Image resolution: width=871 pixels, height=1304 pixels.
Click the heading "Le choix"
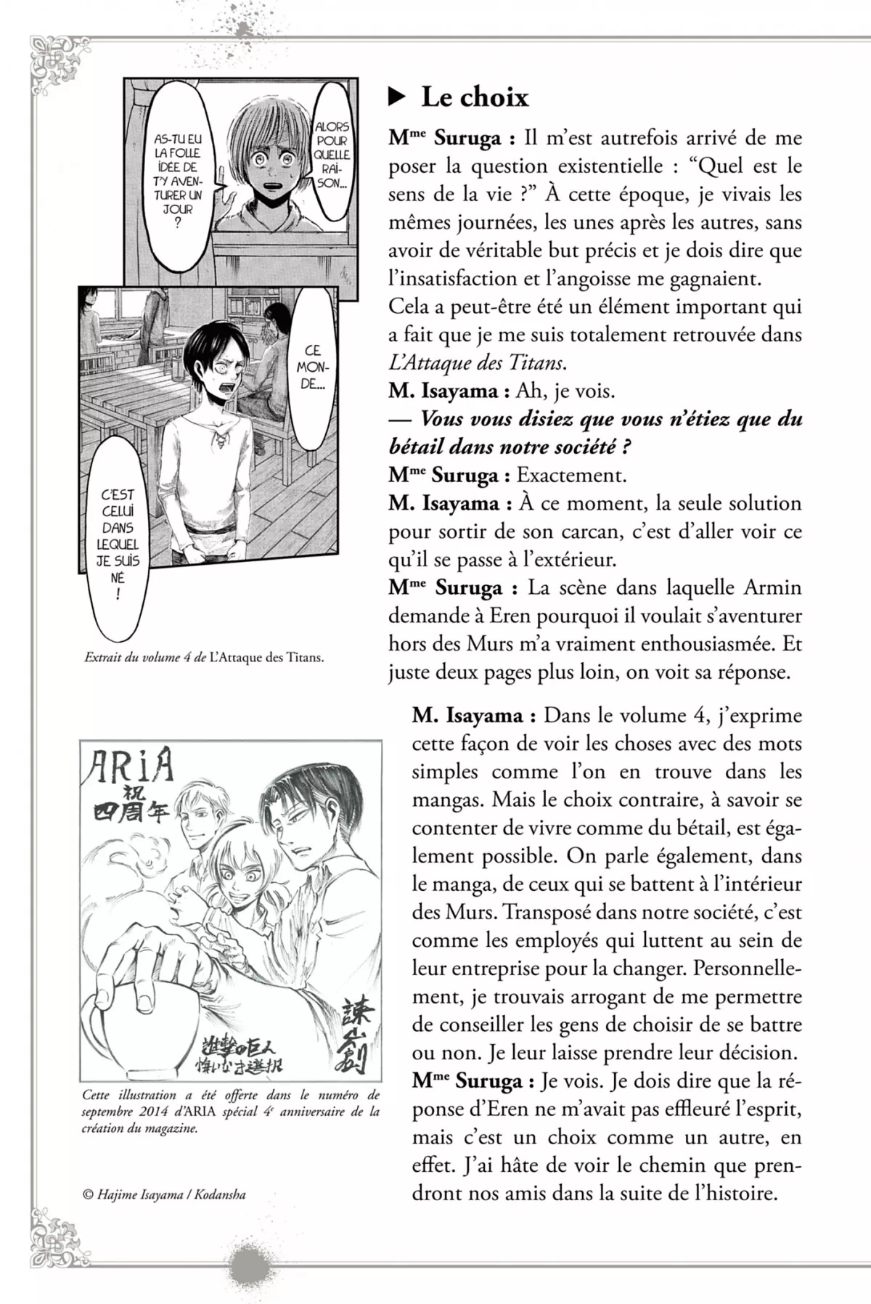click(x=475, y=97)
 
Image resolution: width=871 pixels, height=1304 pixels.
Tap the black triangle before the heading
click(x=396, y=97)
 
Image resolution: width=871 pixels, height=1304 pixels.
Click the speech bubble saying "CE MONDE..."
click(x=312, y=367)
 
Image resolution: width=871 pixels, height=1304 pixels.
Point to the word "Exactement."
click(x=571, y=476)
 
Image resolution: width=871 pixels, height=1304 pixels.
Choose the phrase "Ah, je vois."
click(x=565, y=391)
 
